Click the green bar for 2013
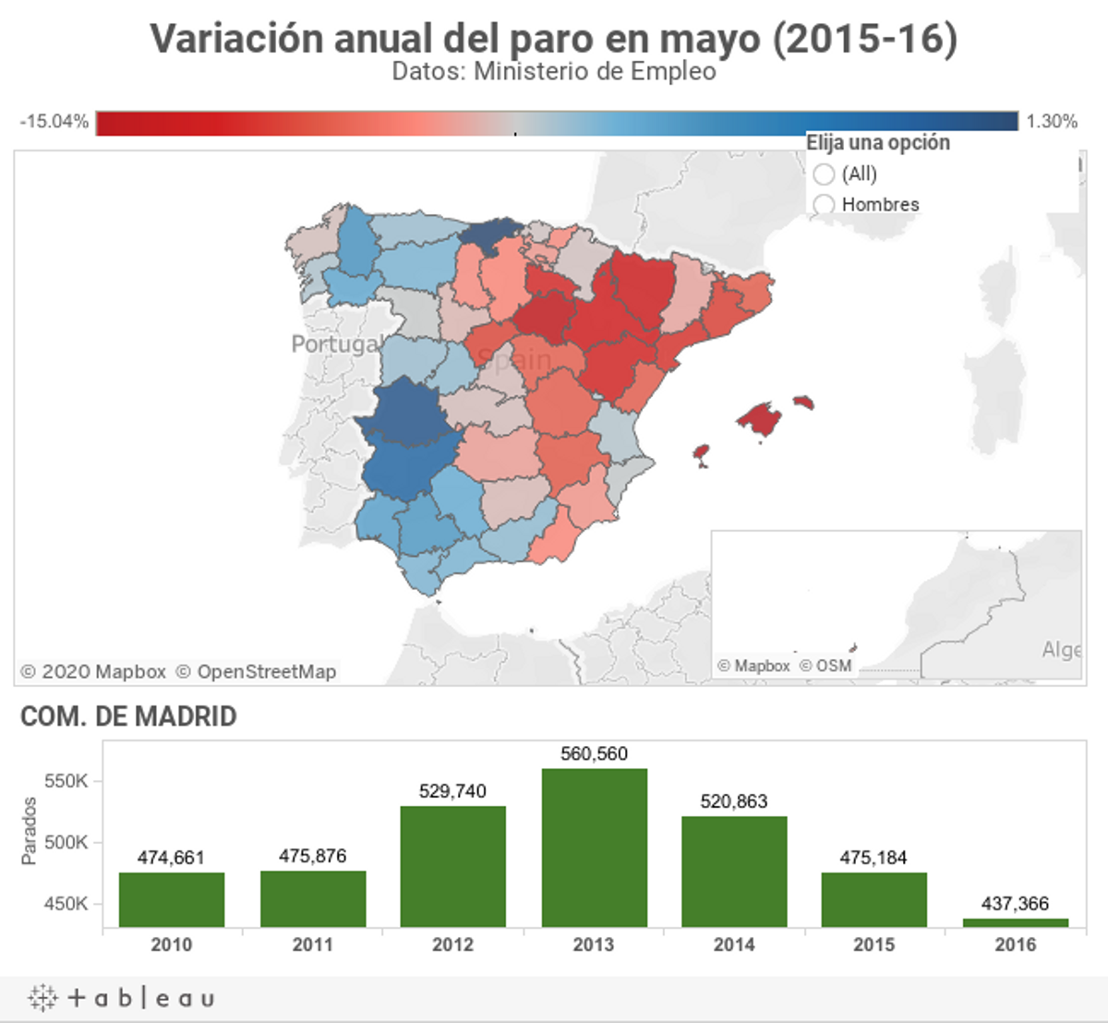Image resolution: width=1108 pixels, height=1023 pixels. [594, 848]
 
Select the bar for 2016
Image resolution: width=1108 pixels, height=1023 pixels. [1015, 922]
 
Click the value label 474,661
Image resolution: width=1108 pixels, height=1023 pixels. [171, 858]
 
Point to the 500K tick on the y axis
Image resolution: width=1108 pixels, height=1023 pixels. [66, 842]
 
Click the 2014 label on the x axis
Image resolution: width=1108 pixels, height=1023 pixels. [734, 945]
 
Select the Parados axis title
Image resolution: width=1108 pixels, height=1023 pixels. [29, 831]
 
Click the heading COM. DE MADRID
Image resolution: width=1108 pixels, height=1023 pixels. [128, 716]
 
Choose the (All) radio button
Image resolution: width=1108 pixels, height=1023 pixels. [825, 175]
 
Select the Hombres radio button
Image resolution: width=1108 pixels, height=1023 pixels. [825, 204]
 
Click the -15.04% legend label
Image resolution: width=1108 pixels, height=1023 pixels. [54, 121]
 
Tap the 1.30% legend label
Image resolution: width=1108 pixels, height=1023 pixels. [1052, 121]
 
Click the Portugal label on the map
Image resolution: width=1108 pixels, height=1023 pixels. [335, 343]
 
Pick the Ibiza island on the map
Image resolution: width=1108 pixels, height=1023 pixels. [702, 454]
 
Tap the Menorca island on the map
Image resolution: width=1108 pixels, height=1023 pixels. [803, 402]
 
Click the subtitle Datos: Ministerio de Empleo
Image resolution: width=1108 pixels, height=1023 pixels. [554, 71]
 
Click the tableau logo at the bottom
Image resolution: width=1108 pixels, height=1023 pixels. [122, 998]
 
